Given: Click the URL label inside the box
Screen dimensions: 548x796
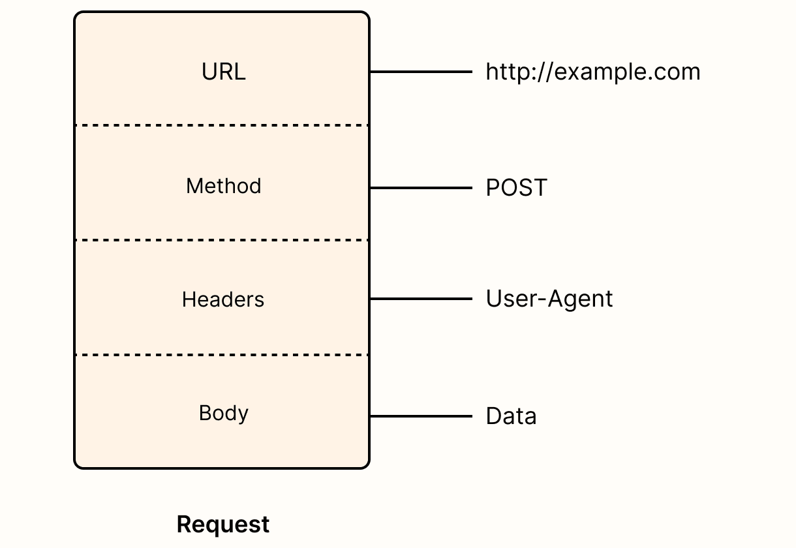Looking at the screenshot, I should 223,72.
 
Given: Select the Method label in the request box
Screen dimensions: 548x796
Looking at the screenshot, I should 223,187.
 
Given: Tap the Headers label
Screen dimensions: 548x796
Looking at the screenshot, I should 223,299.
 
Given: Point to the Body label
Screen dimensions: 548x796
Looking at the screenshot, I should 223,414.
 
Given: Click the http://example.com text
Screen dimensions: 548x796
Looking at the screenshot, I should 592,72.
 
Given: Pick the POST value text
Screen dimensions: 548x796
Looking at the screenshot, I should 516,188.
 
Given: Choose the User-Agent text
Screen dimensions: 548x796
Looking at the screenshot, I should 549,299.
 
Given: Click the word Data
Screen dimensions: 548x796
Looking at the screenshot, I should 511,416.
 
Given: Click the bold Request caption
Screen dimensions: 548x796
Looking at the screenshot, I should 223,525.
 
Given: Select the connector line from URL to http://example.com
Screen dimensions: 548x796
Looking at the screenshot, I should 421,72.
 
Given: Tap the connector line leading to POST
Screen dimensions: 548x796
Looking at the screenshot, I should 421,188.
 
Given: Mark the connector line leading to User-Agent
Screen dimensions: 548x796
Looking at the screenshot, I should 421,299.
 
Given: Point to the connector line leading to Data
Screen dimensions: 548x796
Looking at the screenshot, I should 421,416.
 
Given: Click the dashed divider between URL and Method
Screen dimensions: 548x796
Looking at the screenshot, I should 222,125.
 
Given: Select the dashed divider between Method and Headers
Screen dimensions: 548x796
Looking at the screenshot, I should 222,240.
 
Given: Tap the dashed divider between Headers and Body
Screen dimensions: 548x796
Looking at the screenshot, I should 222,355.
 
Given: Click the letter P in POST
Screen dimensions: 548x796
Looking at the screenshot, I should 493,188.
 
